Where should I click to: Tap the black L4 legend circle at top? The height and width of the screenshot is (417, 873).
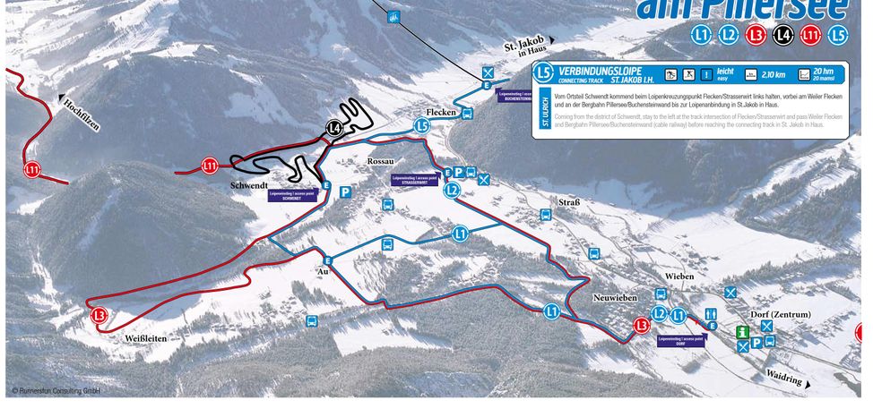tap(782, 35)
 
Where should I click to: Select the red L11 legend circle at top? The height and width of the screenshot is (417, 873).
tap(810, 35)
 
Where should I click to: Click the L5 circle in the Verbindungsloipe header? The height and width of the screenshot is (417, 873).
tap(542, 73)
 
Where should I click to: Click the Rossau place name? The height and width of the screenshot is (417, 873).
tap(381, 160)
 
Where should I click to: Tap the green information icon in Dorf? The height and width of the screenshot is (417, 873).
tap(742, 332)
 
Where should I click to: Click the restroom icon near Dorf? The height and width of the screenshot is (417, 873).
tap(712, 313)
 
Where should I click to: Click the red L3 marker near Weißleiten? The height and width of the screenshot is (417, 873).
tap(99, 315)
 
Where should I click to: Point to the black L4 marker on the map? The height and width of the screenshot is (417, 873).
tap(334, 129)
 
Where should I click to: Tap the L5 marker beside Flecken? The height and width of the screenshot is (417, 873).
tap(421, 127)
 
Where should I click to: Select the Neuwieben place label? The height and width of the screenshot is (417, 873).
tap(614, 296)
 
